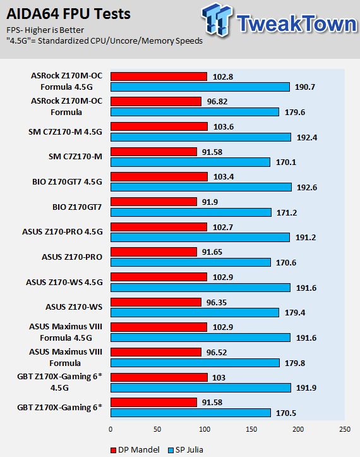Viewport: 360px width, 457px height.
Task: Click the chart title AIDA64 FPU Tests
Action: click(68, 14)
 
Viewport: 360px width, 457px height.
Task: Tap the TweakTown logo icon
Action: click(217, 19)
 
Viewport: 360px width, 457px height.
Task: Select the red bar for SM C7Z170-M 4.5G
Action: click(159, 126)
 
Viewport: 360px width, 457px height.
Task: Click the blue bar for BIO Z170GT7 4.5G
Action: click(201, 187)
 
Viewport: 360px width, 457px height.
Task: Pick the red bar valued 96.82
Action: click(156, 101)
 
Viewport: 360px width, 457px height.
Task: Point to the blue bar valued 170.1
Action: click(190, 162)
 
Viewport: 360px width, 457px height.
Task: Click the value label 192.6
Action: click(307, 187)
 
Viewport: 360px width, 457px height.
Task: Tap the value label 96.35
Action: click(217, 302)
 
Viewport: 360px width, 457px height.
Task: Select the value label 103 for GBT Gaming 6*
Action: click(219, 377)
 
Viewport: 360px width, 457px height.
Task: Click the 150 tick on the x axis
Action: click(251, 429)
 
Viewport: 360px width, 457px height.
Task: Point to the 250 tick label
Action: click(345, 429)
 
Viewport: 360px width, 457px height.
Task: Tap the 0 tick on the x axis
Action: click(111, 429)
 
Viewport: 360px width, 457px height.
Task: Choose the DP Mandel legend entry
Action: click(135, 449)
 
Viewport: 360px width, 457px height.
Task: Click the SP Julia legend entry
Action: click(186, 449)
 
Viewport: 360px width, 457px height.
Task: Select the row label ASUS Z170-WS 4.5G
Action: click(64, 282)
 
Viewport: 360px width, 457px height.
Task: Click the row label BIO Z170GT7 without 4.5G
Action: click(77, 207)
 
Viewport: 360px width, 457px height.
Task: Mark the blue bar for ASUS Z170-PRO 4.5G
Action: click(200, 237)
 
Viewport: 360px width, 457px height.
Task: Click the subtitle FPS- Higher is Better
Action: click(45, 30)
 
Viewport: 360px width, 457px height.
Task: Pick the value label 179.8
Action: click(295, 363)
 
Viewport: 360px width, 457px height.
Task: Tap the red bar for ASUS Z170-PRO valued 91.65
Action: click(153, 252)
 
